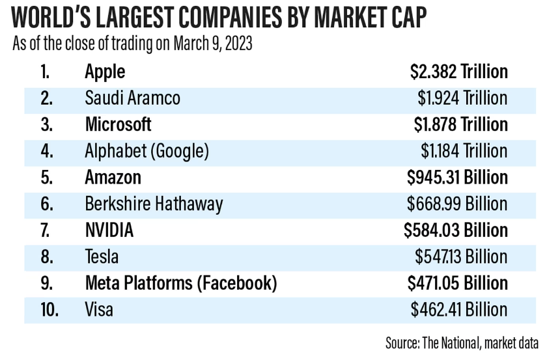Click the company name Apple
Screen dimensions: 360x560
click(105, 72)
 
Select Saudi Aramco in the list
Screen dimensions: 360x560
click(132, 98)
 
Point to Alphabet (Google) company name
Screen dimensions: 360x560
click(147, 151)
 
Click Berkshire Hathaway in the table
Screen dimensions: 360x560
click(154, 204)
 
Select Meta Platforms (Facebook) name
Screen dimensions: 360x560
click(181, 283)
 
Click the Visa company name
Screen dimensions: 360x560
click(99, 309)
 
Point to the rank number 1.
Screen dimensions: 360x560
click(45, 72)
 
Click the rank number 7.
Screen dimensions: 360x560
click(46, 230)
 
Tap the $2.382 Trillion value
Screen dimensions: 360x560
click(459, 72)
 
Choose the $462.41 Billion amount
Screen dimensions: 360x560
click(459, 309)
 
